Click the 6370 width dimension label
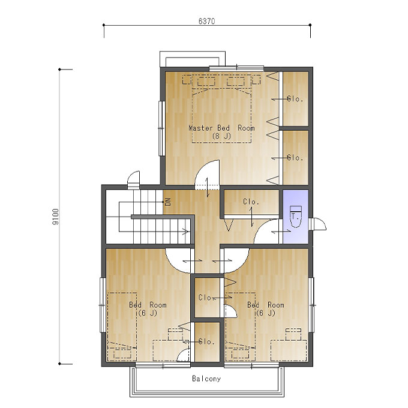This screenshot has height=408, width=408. (206, 21)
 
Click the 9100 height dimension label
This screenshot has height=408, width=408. (55, 217)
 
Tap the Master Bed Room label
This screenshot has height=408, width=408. (221, 128)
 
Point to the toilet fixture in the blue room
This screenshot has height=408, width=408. (296, 217)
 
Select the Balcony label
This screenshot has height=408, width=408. (206, 379)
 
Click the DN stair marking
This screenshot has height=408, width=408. (168, 202)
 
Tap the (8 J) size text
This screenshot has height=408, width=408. (221, 136)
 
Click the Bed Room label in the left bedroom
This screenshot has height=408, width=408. (148, 305)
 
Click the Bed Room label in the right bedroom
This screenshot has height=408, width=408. (266, 305)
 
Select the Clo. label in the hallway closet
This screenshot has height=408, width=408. (251, 202)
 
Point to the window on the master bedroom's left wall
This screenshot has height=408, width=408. (161, 128)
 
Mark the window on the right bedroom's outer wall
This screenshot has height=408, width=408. (311, 305)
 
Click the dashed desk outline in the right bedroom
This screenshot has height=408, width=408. (289, 350)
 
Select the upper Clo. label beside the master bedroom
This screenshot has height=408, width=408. (295, 99)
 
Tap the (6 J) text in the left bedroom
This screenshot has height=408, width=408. (148, 313)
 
